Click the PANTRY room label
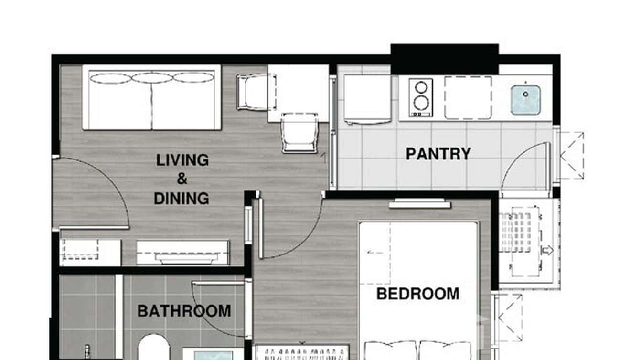438,154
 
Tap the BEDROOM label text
417,294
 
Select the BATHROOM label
184,311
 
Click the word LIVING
182,160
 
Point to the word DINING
182,198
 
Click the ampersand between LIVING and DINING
182,179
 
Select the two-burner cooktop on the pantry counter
421,98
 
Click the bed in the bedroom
419,286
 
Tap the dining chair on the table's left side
254,93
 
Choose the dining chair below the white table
299,132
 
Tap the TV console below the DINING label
182,253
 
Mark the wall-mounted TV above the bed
419,205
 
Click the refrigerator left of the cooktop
368,99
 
